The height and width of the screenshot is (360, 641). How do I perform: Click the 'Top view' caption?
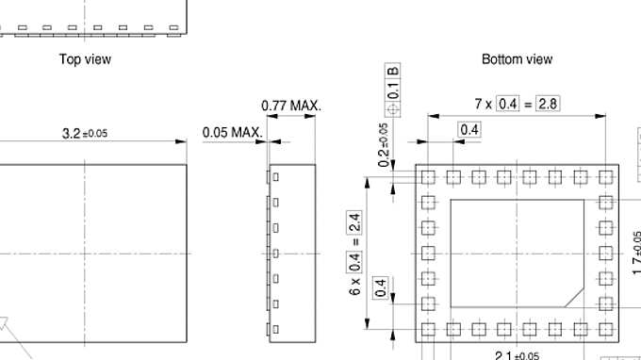pos(85,59)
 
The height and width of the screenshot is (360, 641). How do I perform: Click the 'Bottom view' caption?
pos(518,59)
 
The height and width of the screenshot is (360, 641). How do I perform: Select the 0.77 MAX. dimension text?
pos(291,106)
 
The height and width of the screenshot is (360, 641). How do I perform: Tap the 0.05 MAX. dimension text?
pos(233,132)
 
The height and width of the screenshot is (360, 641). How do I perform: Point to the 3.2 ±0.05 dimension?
pos(85,133)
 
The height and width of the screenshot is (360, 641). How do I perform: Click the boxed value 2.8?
pos(548,104)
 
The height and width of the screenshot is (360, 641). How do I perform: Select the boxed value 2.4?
pos(354,222)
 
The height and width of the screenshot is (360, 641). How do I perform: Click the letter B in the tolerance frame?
pos(392,71)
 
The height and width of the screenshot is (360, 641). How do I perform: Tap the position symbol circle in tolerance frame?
pos(392,109)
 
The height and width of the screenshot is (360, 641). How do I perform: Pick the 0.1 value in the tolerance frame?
pos(392,90)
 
